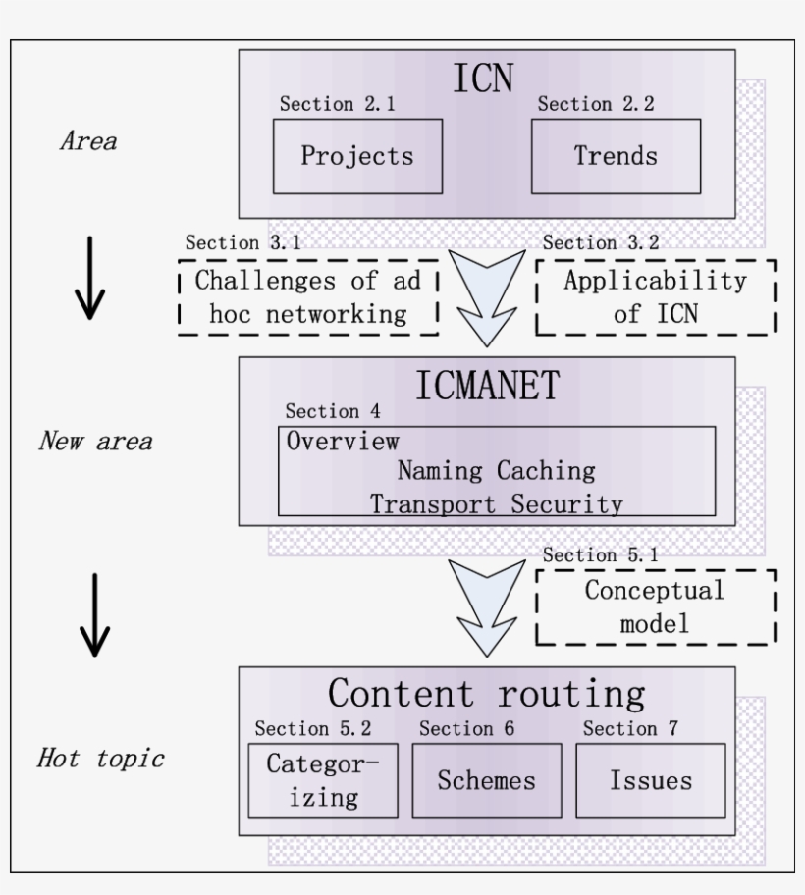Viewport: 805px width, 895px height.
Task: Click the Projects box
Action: [357, 156]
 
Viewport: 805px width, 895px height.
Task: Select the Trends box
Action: [616, 156]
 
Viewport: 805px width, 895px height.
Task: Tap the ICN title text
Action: [483, 79]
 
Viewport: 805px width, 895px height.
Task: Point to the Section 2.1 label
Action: [338, 105]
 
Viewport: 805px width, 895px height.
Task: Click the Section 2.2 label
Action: [596, 105]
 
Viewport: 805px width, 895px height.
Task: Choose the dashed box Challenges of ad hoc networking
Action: [307, 297]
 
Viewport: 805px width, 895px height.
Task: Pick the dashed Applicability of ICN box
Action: [655, 296]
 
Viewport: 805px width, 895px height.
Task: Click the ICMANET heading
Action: [487, 385]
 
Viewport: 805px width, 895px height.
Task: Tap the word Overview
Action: [343, 441]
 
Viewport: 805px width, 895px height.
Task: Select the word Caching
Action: [545, 471]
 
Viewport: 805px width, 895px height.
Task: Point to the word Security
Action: [570, 504]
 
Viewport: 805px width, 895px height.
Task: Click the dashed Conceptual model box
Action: [655, 606]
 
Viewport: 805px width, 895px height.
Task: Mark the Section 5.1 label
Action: [600, 554]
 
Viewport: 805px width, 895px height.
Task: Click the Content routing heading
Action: [487, 693]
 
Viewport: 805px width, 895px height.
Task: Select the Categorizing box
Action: [323, 780]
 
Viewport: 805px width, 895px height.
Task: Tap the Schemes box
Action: [487, 780]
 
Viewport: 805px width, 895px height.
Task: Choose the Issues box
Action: [650, 780]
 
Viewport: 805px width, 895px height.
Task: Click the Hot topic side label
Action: [101, 759]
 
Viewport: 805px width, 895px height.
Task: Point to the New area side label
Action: [95, 441]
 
